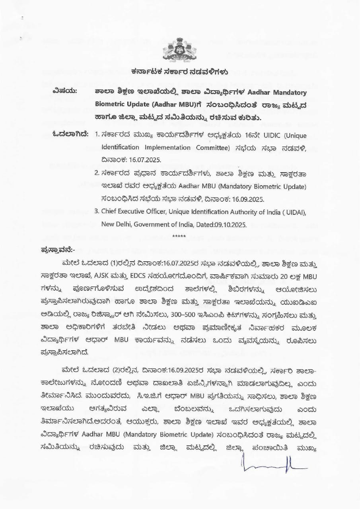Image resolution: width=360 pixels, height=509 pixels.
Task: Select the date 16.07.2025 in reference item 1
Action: pos(143,159)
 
